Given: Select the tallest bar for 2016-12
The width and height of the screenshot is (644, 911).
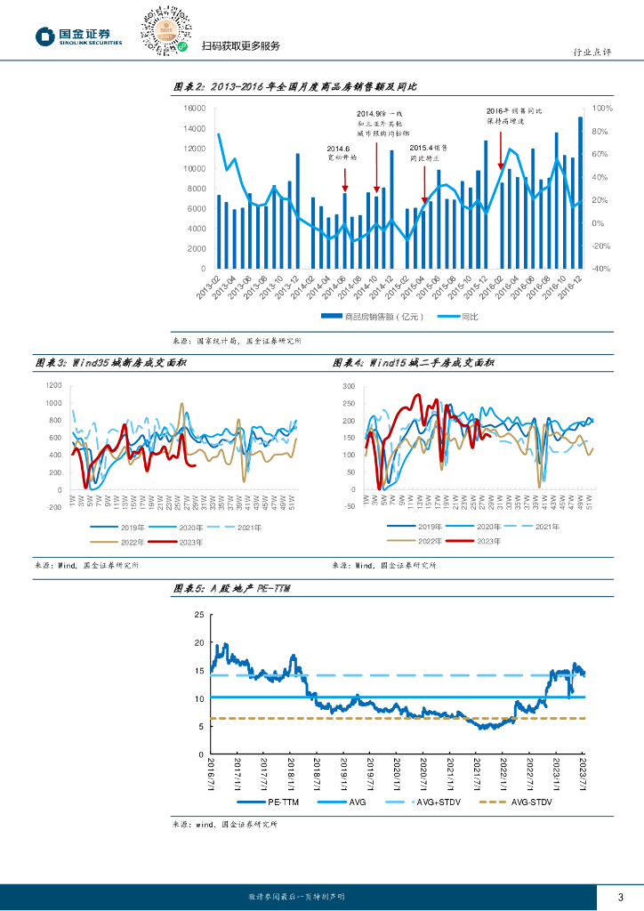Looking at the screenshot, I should (x=581, y=192).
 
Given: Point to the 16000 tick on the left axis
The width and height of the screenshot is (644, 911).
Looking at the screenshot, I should (x=194, y=108).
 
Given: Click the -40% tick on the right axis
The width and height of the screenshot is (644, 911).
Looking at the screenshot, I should (x=601, y=269).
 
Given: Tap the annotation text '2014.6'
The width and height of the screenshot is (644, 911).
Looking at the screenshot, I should (x=339, y=148).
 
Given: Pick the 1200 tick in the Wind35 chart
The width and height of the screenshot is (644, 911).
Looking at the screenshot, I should (x=53, y=385).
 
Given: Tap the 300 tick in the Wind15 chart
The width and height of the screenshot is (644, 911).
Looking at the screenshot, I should (x=348, y=387).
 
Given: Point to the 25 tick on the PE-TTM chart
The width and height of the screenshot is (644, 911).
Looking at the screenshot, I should (x=198, y=615).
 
